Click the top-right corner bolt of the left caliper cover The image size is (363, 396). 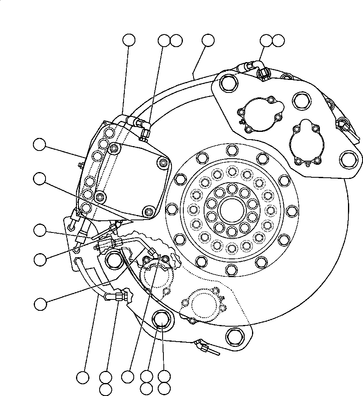pyautogui.click(x=164, y=163)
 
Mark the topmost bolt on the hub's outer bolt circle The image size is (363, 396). pyautogui.click(x=231, y=150)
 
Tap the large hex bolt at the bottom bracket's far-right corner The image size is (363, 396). pyautogui.click(x=235, y=336)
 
